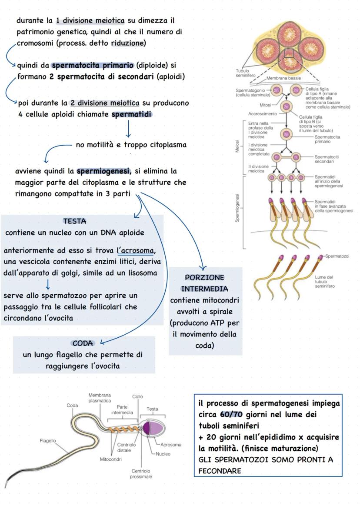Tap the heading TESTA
(74, 222)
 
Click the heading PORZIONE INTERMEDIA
(204, 283)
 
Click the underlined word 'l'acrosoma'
(136, 251)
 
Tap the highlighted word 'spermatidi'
(132, 115)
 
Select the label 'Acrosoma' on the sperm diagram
(171, 445)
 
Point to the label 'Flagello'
(48, 441)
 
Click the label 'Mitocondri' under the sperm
(110, 459)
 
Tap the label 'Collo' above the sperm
(137, 396)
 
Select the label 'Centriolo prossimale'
(141, 474)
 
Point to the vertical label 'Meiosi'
(237, 146)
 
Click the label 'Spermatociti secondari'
(327, 159)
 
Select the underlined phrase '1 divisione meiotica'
(90, 20)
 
